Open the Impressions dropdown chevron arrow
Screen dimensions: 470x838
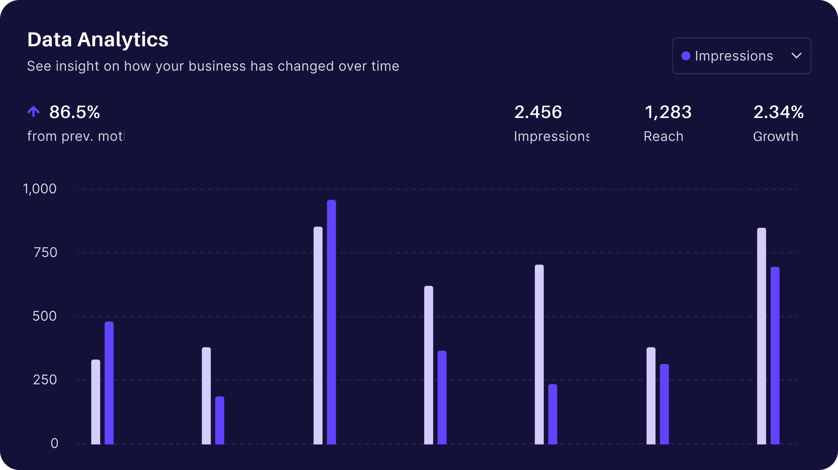coord(796,56)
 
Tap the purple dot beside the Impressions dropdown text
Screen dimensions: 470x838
coord(686,56)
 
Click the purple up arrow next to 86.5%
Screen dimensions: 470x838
coord(33,111)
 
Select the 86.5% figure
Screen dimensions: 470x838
coord(74,112)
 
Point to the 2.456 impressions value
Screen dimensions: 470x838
coord(538,112)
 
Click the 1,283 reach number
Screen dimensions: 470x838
coord(668,112)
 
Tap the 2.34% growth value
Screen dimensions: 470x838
coord(778,112)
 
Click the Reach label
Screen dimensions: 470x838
coord(663,136)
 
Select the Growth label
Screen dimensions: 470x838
coord(775,136)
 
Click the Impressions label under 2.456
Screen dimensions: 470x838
coord(551,136)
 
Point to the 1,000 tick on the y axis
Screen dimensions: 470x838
coord(40,189)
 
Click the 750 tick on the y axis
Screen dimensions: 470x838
coord(46,252)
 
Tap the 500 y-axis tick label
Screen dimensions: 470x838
coord(45,316)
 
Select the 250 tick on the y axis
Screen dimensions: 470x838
coord(45,380)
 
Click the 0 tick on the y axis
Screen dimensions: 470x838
coord(54,443)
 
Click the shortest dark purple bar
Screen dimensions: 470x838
coord(220,420)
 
